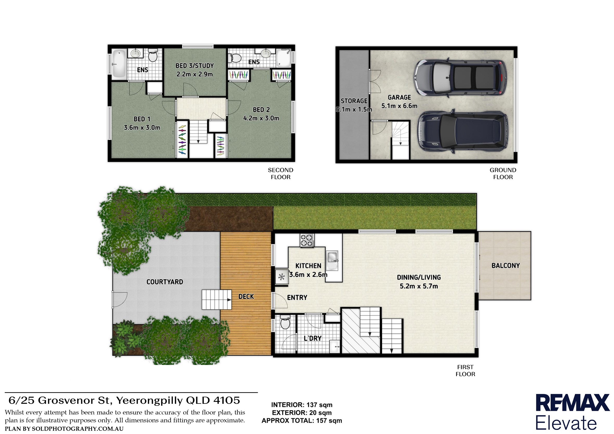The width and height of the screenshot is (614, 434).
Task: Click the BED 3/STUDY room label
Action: click(x=195, y=66)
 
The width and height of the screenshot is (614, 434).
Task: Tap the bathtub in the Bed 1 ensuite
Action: click(x=119, y=64)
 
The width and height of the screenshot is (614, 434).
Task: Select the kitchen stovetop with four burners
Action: click(x=307, y=240)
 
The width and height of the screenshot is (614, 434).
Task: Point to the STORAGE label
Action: click(x=354, y=101)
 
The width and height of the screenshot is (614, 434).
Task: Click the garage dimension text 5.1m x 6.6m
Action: click(x=399, y=106)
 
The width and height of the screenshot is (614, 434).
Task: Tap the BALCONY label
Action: click(x=506, y=265)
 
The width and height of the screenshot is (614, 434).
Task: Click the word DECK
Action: click(x=246, y=296)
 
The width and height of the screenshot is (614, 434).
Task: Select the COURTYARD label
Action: click(x=165, y=282)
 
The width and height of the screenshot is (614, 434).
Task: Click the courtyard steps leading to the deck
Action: click(x=216, y=300)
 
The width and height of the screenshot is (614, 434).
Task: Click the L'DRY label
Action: click(x=313, y=338)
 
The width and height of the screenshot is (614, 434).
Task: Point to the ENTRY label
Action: click(x=297, y=297)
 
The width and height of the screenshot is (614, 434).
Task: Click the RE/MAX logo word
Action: click(x=572, y=403)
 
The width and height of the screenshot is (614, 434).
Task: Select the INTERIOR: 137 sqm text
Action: click(x=302, y=405)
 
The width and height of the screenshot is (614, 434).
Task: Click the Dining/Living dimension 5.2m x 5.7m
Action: click(x=418, y=286)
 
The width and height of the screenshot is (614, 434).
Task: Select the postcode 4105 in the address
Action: click(x=227, y=400)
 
